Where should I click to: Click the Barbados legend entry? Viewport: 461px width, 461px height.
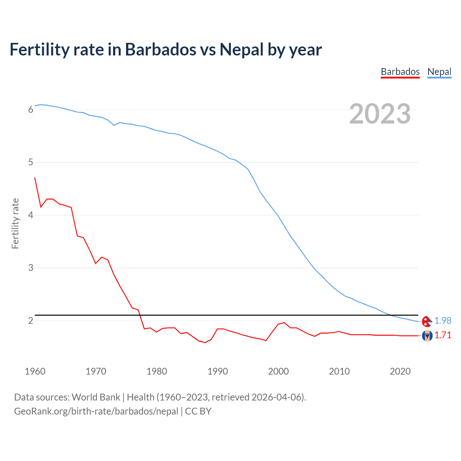tap(400, 72)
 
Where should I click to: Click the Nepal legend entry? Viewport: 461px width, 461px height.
tap(439, 72)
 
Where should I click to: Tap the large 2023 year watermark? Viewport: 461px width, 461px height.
tap(380, 114)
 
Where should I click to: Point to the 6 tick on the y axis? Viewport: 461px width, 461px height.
tap(31, 110)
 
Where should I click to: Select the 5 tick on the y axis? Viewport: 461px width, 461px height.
tap(31, 162)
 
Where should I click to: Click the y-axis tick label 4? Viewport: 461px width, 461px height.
tap(31, 215)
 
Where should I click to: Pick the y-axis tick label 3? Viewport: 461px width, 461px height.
tap(31, 268)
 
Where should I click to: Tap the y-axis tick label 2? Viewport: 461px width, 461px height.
tap(31, 321)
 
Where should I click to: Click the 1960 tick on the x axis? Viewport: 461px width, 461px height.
tap(35, 371)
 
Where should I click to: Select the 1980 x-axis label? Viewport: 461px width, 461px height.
tap(157, 371)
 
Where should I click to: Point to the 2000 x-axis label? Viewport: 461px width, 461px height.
tap(278, 371)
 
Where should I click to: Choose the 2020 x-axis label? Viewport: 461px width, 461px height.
tap(400, 371)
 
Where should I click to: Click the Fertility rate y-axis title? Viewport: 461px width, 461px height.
tap(15, 223)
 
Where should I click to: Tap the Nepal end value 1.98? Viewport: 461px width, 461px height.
tap(443, 321)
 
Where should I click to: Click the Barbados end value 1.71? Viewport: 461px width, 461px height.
tap(443, 335)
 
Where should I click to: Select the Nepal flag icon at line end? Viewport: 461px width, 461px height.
tap(427, 321)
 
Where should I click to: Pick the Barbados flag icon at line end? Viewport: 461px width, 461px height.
tap(427, 336)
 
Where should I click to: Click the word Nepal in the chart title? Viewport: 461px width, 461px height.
tap(242, 50)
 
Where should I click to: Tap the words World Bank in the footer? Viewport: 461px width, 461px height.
tap(96, 397)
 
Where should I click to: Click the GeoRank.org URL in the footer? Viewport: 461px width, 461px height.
tap(96, 411)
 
